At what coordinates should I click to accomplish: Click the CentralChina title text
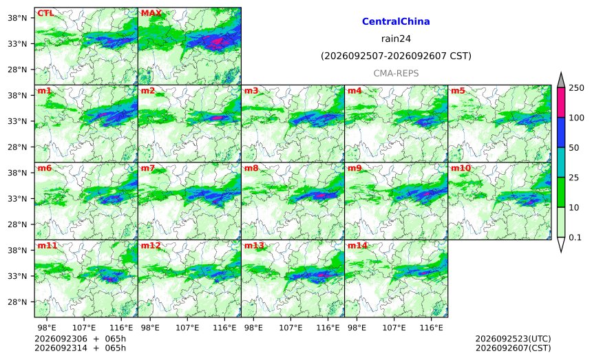[x=396, y=21]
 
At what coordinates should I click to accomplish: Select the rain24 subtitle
[x=396, y=39]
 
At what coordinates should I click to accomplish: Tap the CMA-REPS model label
[x=396, y=73]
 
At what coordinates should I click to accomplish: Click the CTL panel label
[x=45, y=13]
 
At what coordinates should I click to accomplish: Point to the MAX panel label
[x=151, y=13]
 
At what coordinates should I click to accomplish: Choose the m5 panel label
[x=458, y=91]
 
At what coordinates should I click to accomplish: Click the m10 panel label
[x=461, y=168]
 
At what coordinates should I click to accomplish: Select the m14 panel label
[x=357, y=246]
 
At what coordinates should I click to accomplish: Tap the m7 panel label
[x=148, y=168]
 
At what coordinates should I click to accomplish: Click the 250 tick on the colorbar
[x=577, y=88]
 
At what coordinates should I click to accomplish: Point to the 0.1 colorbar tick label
[x=575, y=237]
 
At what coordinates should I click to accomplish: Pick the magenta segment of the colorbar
[x=560, y=103]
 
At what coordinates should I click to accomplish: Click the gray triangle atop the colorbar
[x=560, y=81]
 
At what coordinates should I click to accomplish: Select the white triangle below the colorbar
[x=560, y=244]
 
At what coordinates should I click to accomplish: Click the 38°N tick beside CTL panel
[x=17, y=18]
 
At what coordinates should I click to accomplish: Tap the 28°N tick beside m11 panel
[x=17, y=302]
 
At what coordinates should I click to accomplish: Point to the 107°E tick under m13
[x=290, y=328]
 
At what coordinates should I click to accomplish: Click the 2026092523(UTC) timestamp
[x=513, y=339]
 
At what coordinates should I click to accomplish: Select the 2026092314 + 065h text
[x=80, y=348]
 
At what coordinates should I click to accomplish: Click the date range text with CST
[x=396, y=56]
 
